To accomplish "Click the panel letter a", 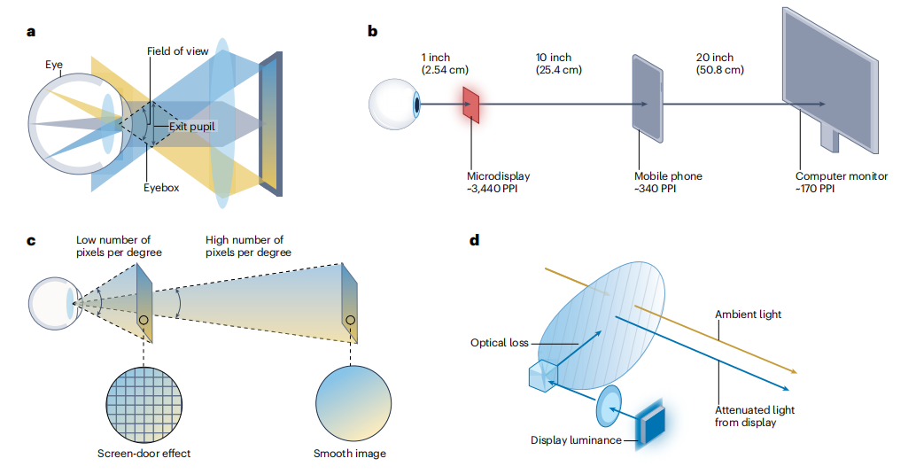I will (x=32, y=33).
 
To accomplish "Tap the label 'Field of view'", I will (x=178, y=51).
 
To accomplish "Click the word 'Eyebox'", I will (x=162, y=188).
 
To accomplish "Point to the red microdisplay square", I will (x=471, y=105).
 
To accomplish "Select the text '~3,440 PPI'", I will (x=493, y=189).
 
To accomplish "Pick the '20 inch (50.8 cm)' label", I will (x=720, y=63).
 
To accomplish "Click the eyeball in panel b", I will (x=394, y=104).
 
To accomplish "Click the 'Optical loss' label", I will (x=499, y=342).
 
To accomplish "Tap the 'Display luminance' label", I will (x=576, y=440).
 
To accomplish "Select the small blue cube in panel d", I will (x=541, y=377).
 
